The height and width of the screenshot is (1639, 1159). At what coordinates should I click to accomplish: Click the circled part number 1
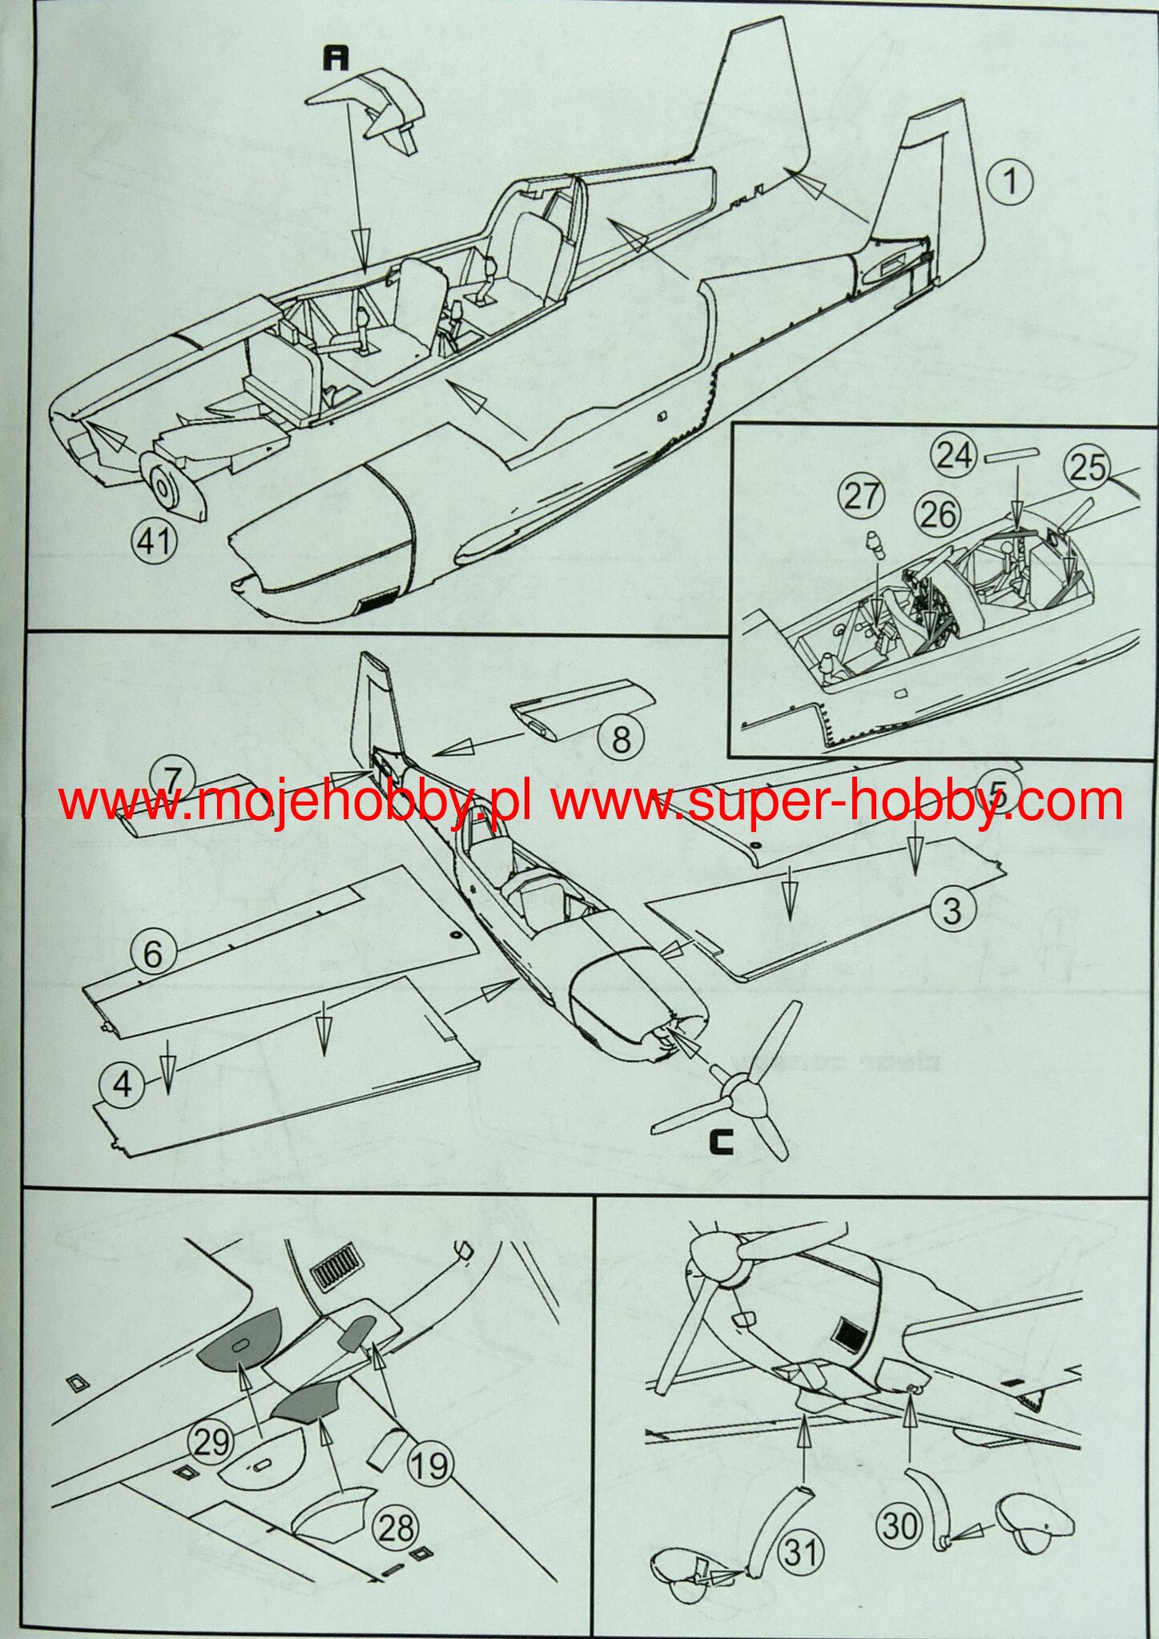[1009, 182]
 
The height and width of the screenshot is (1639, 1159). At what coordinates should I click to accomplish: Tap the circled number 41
[154, 541]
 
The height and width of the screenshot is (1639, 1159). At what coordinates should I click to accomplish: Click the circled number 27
[861, 496]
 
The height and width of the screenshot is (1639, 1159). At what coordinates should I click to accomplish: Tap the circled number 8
[621, 738]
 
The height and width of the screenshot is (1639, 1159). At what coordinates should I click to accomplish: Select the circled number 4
[123, 1085]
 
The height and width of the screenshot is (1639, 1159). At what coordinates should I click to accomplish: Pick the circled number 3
[952, 910]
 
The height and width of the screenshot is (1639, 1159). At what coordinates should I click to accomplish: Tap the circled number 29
[211, 1442]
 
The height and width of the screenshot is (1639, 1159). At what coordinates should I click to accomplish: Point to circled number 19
[429, 1465]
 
